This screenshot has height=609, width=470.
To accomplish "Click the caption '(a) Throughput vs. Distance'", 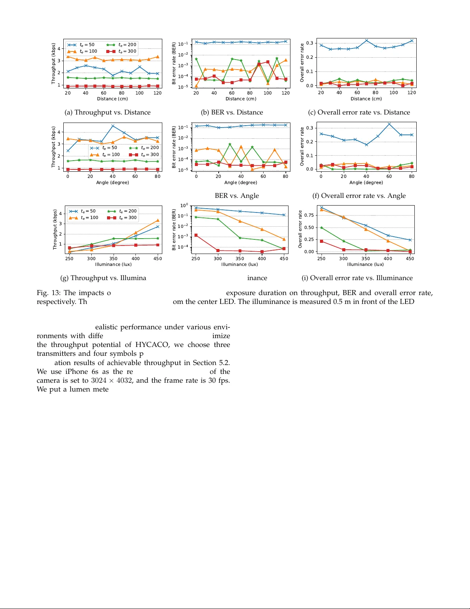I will tap(107, 112).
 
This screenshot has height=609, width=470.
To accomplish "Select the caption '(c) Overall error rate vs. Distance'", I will tap(359, 112).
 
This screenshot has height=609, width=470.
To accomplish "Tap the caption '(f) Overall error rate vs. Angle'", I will tap(359, 196).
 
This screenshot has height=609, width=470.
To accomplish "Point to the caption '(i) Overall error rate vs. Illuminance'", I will tap(357, 278).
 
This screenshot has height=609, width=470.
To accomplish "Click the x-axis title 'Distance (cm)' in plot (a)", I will tap(112, 99).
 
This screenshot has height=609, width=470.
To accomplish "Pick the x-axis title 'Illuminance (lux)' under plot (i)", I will tap(365, 264).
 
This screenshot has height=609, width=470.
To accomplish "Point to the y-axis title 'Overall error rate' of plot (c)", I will tap(302, 62).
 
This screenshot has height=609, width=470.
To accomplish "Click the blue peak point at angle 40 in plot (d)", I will tap(113, 126).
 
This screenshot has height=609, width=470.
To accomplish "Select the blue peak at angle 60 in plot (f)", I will tap(389, 124).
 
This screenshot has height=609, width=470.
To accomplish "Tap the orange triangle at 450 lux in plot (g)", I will tap(158, 221).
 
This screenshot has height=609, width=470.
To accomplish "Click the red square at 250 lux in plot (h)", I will tap(196, 235).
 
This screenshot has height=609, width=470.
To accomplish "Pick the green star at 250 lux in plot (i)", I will tap(322, 228).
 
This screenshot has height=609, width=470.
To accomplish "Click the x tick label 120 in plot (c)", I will tap(412, 93).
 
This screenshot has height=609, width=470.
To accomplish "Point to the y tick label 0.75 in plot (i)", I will tap(309, 215).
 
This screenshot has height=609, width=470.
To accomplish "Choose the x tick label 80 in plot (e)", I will tap(285, 176).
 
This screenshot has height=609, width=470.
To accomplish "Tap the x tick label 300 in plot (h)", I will tap(218, 259).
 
